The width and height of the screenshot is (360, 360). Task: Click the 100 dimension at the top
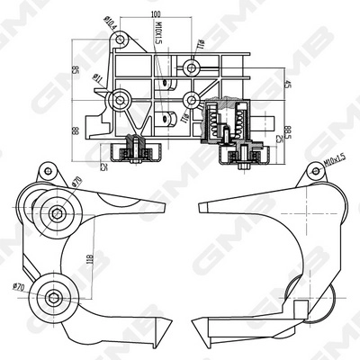click(156, 13)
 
